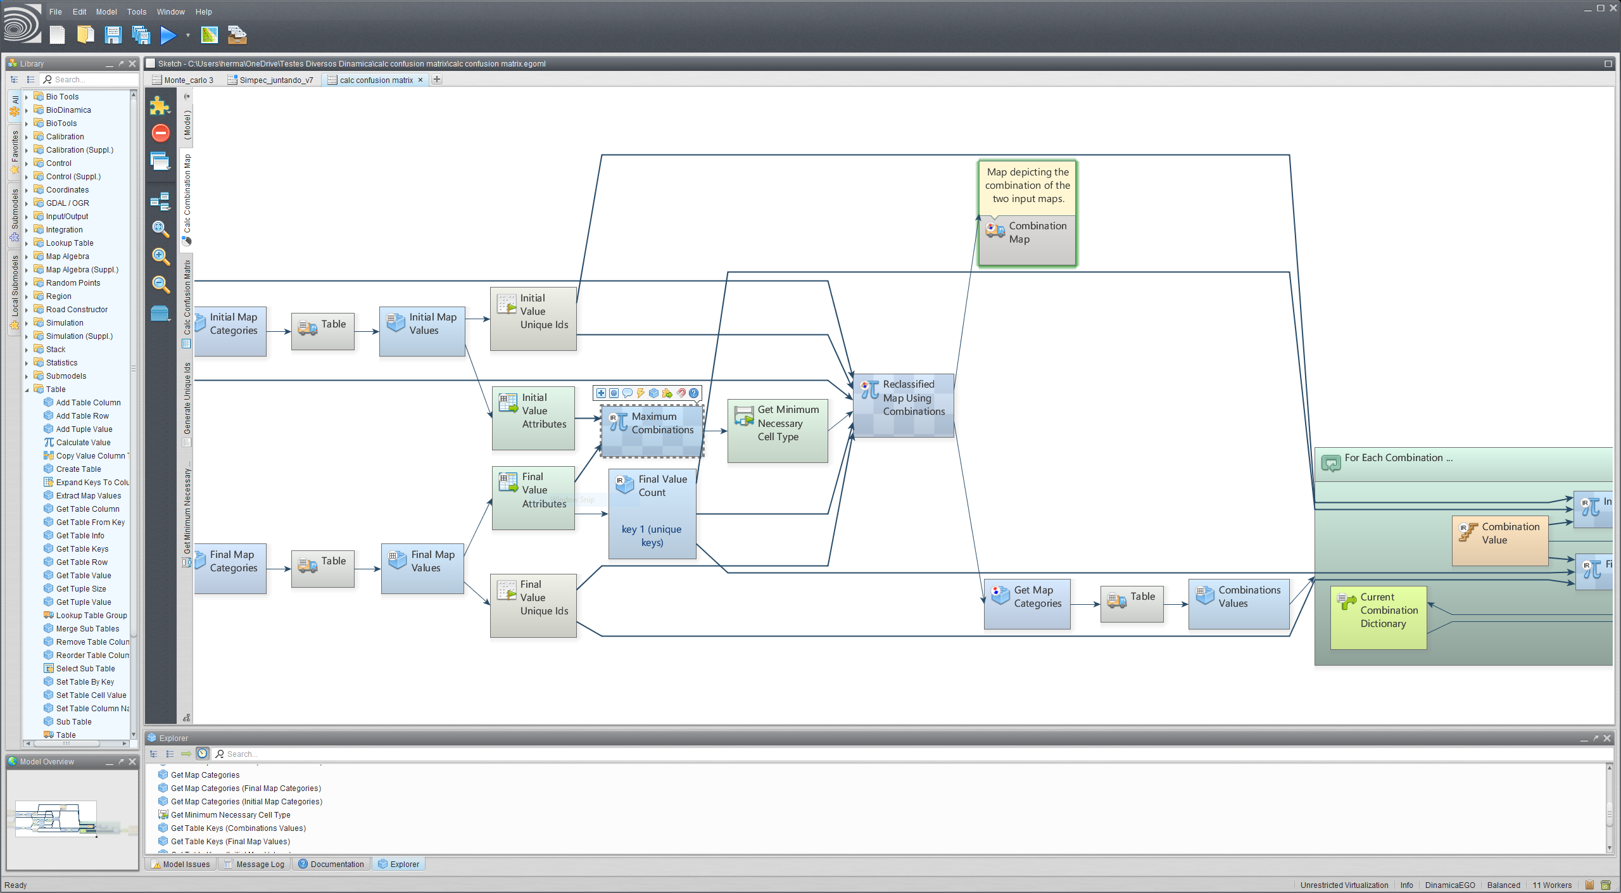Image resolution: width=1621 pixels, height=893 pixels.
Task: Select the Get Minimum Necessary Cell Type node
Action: click(778, 430)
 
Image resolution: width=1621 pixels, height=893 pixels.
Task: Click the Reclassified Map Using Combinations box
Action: click(904, 405)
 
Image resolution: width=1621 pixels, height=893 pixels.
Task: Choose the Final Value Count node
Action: click(652, 513)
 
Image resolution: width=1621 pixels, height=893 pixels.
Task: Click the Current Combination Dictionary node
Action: click(1378, 617)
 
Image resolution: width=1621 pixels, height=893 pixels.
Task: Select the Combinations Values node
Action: click(1239, 603)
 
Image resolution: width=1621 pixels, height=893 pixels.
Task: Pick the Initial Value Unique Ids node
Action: click(533, 318)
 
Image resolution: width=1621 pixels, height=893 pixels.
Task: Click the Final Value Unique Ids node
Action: click(533, 604)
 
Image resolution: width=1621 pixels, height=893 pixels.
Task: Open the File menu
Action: click(56, 12)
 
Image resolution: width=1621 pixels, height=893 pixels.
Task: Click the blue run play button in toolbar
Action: click(168, 35)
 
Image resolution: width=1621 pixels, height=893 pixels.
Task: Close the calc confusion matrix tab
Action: click(420, 80)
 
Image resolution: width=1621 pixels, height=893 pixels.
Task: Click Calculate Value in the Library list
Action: click(83, 443)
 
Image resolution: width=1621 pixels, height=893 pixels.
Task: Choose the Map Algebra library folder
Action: click(67, 256)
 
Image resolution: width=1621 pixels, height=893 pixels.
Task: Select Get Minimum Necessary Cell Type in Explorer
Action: click(230, 815)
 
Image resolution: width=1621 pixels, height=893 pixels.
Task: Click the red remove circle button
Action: click(161, 133)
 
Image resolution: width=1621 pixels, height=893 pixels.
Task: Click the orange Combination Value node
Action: click(1499, 540)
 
